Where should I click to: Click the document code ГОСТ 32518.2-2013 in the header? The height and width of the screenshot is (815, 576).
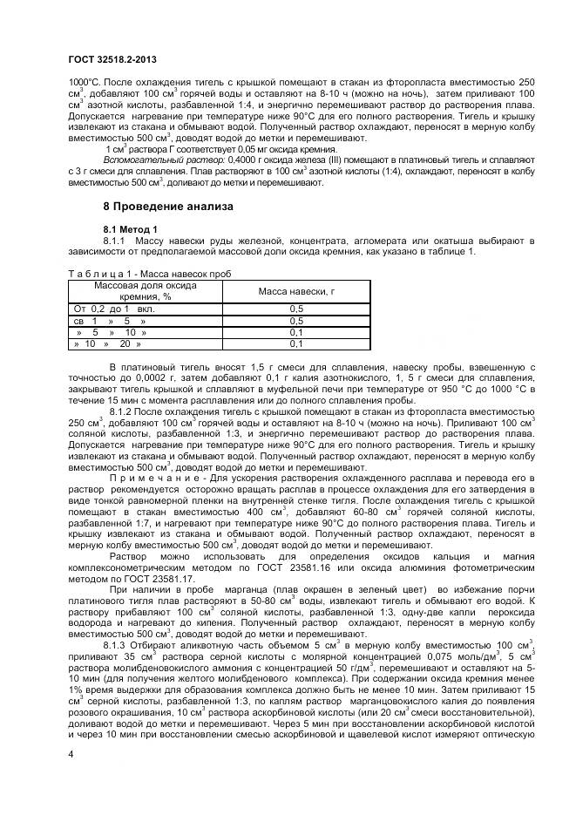(112, 59)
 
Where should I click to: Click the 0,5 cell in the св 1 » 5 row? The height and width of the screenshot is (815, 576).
(295, 321)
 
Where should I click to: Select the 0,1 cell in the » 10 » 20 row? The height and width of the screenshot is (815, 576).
(295, 344)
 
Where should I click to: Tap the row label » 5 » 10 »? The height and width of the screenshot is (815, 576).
(105, 332)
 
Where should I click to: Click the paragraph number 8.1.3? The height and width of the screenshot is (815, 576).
(119, 645)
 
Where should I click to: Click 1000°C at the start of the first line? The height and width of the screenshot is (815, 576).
(84, 81)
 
